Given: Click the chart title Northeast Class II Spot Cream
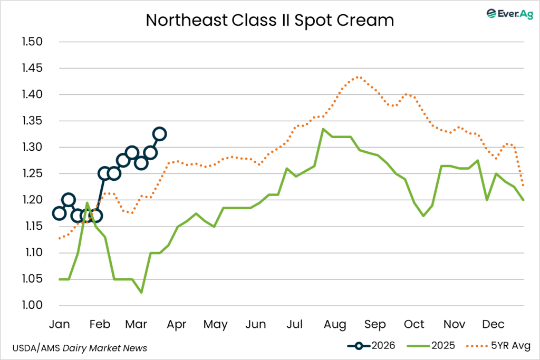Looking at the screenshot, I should [269, 20].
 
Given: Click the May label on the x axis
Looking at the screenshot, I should [215, 324].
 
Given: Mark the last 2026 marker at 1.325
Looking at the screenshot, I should [159, 134].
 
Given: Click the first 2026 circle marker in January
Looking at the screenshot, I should [59, 213].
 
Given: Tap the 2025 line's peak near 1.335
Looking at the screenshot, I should [323, 129].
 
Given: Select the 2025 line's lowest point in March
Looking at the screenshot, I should [141, 293].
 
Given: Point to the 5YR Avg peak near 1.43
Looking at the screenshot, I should [358, 77].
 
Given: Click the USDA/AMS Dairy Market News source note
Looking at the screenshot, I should [80, 348].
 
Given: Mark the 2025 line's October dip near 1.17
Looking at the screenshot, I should [423, 216].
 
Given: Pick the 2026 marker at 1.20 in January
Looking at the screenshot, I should [68, 200].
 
